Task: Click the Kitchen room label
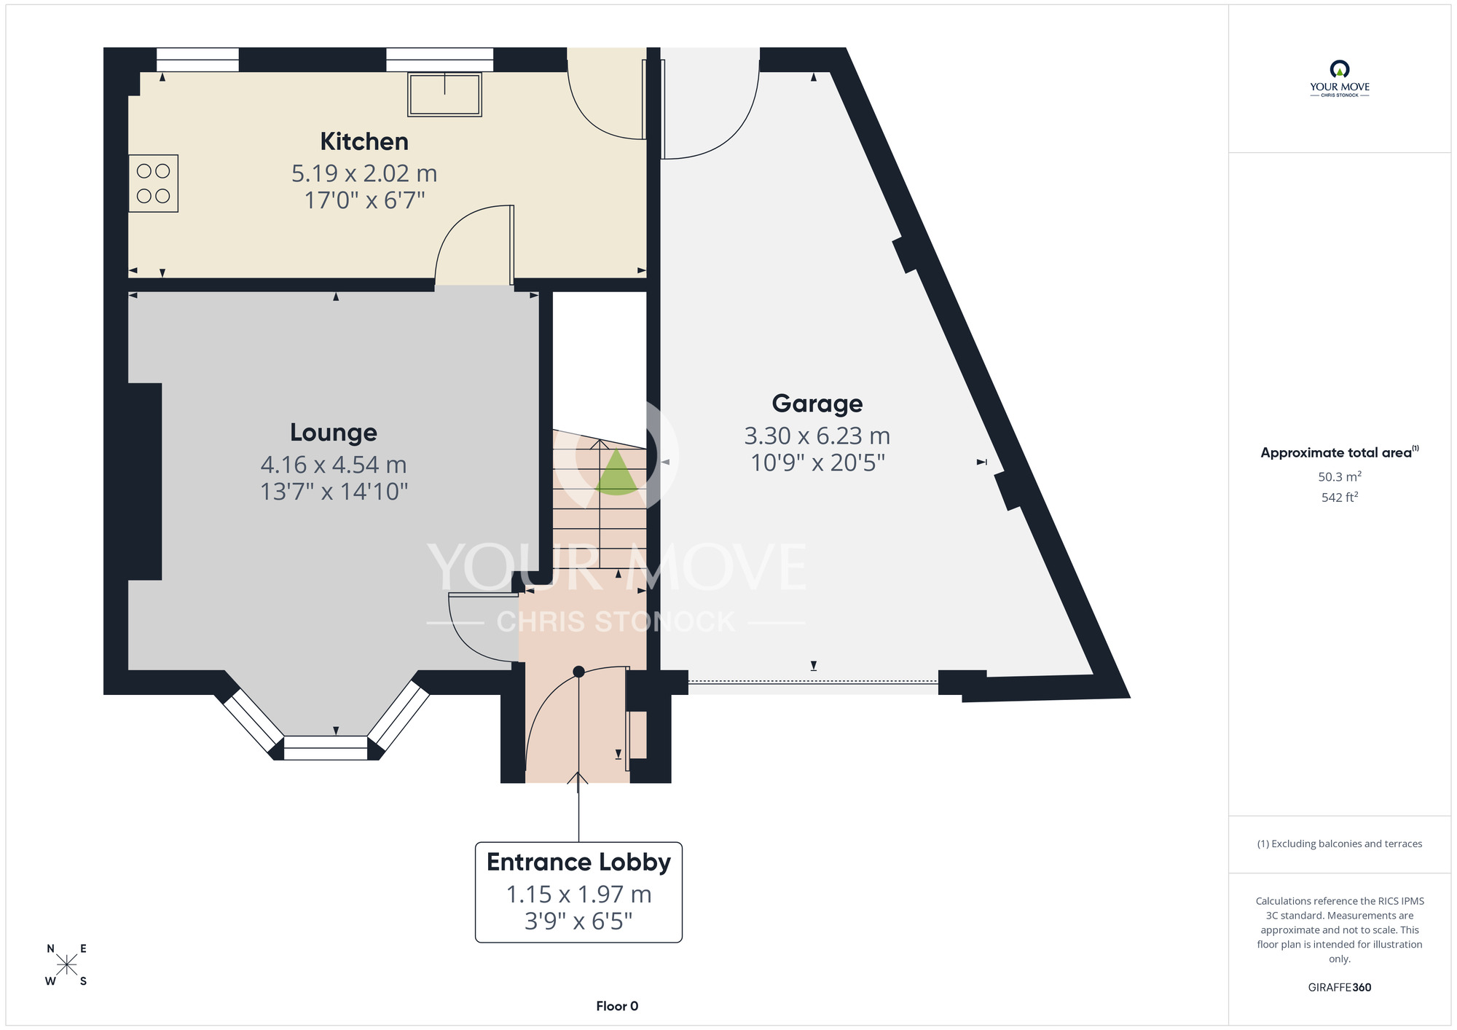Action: click(364, 141)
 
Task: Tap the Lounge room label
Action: click(334, 433)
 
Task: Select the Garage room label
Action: click(817, 404)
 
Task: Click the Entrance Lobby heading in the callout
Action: click(578, 862)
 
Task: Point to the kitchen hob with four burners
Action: click(154, 183)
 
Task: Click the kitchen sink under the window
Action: click(444, 95)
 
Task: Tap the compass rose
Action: click(66, 965)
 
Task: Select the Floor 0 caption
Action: click(617, 1006)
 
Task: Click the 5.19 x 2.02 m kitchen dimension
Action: click(364, 173)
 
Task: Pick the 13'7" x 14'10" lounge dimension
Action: click(334, 492)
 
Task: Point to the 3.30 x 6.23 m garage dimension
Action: click(817, 436)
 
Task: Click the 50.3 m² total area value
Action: click(1340, 476)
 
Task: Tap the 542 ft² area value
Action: click(1340, 497)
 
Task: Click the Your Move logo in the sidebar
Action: click(1340, 79)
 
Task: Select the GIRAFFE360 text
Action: click(1340, 988)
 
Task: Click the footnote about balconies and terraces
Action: click(1340, 844)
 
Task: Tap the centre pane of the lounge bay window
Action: click(326, 748)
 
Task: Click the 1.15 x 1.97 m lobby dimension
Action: click(578, 895)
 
